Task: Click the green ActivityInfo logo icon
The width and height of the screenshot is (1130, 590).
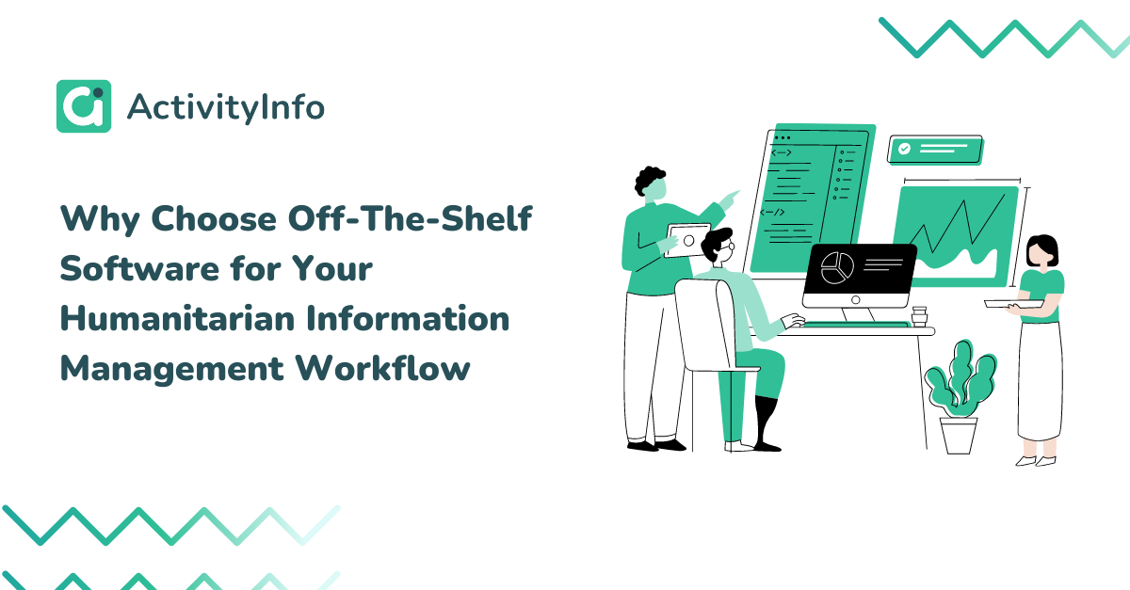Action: tap(84, 106)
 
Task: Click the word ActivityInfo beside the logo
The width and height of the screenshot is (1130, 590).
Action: tap(225, 107)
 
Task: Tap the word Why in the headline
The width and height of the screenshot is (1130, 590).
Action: tap(100, 219)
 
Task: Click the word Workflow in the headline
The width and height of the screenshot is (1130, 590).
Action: tap(383, 368)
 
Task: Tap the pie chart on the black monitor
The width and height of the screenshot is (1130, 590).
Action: tap(837, 268)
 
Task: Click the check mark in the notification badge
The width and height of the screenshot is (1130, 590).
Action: tap(905, 149)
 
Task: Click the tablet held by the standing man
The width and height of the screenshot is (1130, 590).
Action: tap(688, 241)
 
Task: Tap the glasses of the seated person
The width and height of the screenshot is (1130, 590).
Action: tap(729, 247)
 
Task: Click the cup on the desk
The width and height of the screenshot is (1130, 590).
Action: tap(919, 316)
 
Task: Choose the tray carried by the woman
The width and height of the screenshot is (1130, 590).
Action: tap(1014, 304)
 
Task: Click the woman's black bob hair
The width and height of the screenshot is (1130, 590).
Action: tap(1042, 248)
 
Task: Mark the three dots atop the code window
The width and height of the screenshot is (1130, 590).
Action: tap(782, 137)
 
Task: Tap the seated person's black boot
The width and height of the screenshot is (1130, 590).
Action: tap(767, 423)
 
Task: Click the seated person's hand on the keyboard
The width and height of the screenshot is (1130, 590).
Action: tap(794, 321)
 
